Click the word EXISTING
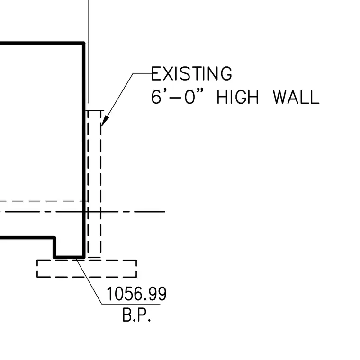pos(191,73)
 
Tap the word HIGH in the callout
pos(238,97)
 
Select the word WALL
pos(296,97)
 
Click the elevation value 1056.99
pos(136,294)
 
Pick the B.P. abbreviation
pos(136,315)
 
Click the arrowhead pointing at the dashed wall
pos(105,121)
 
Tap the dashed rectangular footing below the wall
pos(87,260)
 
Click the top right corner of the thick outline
pos(84,43)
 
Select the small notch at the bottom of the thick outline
pos(69,257)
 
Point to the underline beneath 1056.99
pos(131,304)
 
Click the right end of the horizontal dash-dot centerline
pos(165,211)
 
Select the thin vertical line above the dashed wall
pos(88,52)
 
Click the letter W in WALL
pos(280,97)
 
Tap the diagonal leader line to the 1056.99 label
pos(89,281)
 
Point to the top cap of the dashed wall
pos(95,110)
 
